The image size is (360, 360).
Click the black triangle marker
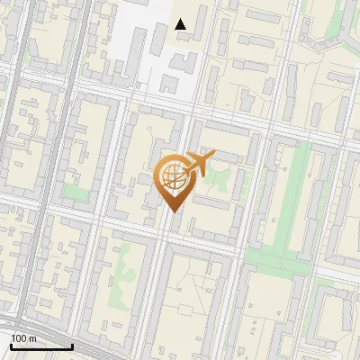[x=181, y=24]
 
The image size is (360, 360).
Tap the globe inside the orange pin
[x=171, y=176]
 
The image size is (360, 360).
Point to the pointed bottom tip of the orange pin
[x=173, y=211]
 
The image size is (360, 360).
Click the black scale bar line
[x=41, y=346]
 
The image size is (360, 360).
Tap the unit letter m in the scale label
[x=32, y=338]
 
